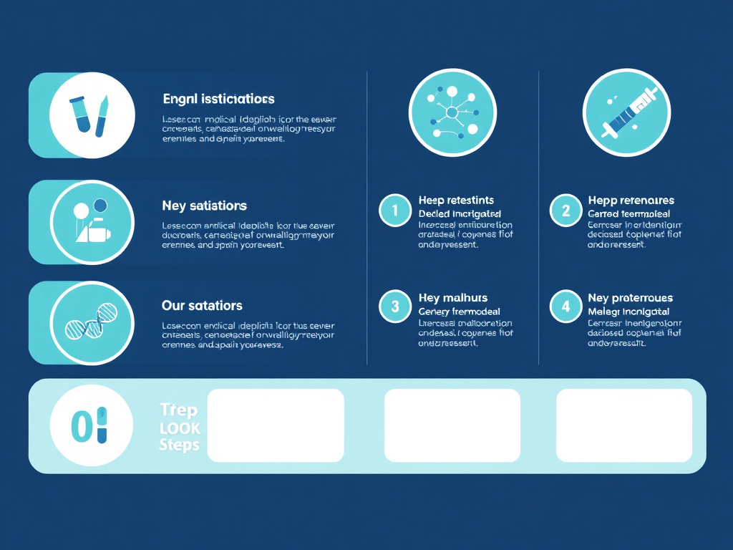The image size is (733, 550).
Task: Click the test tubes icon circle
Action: (92, 115)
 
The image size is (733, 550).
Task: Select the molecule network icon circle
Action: (452, 112)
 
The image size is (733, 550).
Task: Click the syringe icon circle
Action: (626, 112)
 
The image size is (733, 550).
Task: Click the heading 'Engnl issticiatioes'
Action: (218, 99)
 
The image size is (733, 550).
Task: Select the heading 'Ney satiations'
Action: (204, 206)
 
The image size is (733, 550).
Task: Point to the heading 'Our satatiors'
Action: (202, 306)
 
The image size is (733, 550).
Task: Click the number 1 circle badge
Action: (394, 211)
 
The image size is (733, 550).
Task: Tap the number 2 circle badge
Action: (565, 211)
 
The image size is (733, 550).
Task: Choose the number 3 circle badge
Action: (394, 307)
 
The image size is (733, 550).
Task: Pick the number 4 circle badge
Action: (565, 307)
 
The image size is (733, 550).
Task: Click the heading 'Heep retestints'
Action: (456, 201)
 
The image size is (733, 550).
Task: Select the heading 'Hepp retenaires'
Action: (631, 201)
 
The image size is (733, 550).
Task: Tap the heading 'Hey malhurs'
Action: (452, 298)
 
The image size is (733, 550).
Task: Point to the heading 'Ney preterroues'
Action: (630, 298)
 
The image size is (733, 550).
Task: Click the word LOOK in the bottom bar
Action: (180, 428)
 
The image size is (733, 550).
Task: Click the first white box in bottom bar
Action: (276, 425)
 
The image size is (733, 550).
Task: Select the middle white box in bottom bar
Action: (452, 425)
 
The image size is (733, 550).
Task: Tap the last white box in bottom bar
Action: (624, 425)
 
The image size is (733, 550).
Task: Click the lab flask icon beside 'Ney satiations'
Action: (92, 222)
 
